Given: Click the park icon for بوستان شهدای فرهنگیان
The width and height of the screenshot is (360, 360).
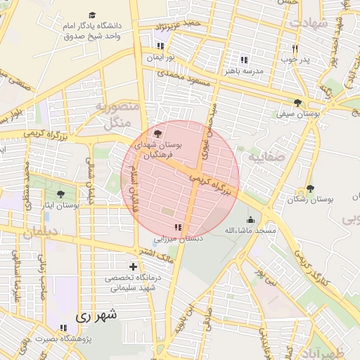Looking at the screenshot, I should point(157,133).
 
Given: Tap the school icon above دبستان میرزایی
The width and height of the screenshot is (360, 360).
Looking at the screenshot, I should point(178,227).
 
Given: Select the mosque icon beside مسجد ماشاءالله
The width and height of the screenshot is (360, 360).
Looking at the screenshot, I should point(250,219).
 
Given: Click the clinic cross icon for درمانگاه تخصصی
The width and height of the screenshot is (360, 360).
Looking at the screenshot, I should point(133,266).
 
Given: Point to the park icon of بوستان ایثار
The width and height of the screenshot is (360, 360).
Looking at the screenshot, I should point(60,194).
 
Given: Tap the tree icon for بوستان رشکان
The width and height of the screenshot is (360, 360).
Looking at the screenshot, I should point(310,188).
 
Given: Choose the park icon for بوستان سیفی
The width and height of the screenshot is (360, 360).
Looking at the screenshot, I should point(298,103).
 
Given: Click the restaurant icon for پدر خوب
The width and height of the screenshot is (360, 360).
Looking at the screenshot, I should point(295,49).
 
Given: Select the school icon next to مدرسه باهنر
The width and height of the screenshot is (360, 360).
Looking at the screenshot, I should point(244,60).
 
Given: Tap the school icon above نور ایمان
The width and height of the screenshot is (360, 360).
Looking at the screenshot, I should point(160,46).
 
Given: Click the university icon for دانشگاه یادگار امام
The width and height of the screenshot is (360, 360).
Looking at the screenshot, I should point(92,15).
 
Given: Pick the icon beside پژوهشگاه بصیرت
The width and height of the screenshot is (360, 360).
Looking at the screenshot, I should point(64,328).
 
